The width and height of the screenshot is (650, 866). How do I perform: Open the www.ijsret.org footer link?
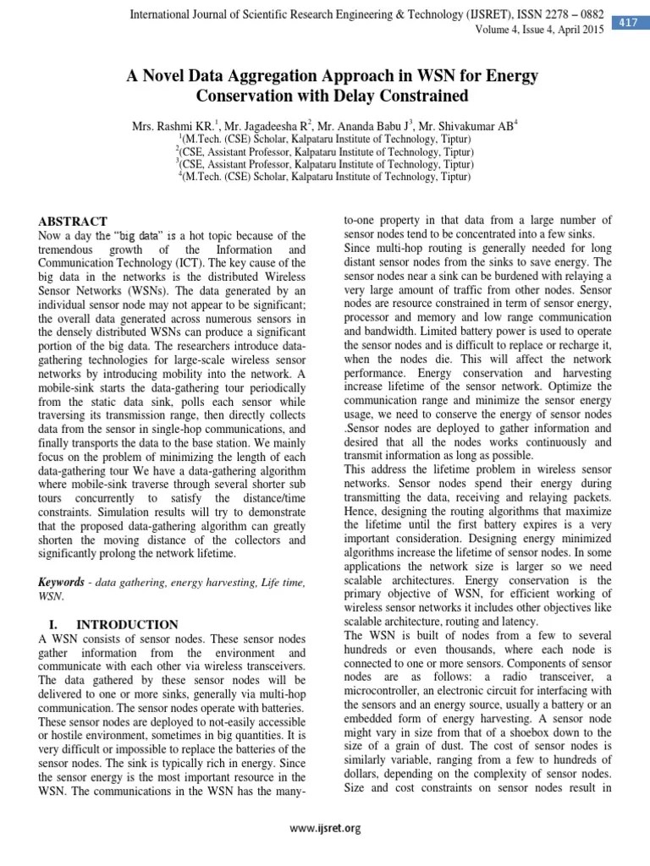(325, 829)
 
